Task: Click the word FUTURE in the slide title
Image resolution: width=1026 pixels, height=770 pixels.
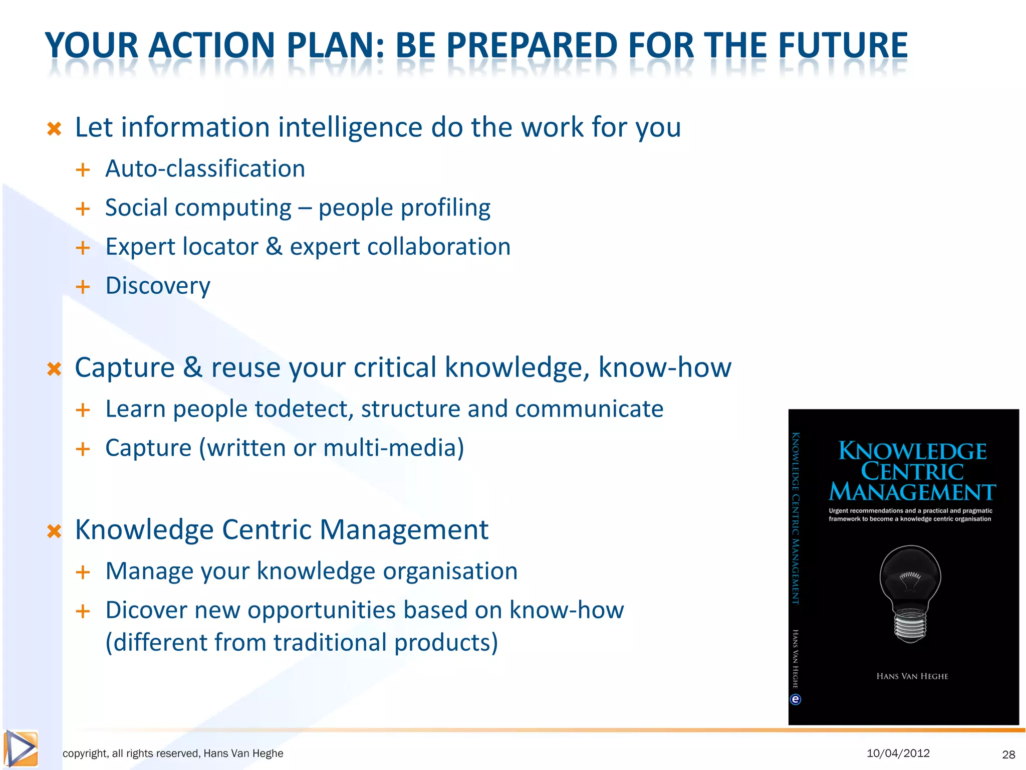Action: point(842,46)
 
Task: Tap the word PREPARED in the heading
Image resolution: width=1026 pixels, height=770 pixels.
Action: point(532,46)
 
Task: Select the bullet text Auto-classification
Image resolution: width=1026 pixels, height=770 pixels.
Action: point(205,168)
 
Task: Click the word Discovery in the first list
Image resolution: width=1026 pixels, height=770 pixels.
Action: point(158,286)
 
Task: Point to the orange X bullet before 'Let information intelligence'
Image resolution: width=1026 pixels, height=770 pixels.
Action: point(54,129)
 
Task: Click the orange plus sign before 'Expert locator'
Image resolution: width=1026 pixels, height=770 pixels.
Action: point(83,248)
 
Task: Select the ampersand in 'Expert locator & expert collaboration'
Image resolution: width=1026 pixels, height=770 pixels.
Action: point(274,247)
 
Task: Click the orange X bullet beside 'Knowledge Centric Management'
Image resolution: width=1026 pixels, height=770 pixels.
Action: point(54,531)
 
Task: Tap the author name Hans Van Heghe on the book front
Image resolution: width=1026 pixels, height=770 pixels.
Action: point(912,676)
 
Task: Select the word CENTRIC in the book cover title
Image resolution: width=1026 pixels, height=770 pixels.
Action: point(912,472)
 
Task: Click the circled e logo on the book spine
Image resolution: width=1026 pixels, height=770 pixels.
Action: point(796,699)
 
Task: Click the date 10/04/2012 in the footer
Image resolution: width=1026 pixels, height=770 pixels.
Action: point(898,753)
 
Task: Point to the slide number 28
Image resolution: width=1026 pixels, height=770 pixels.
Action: point(1008,754)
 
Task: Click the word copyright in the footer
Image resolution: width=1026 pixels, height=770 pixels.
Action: point(85,753)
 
